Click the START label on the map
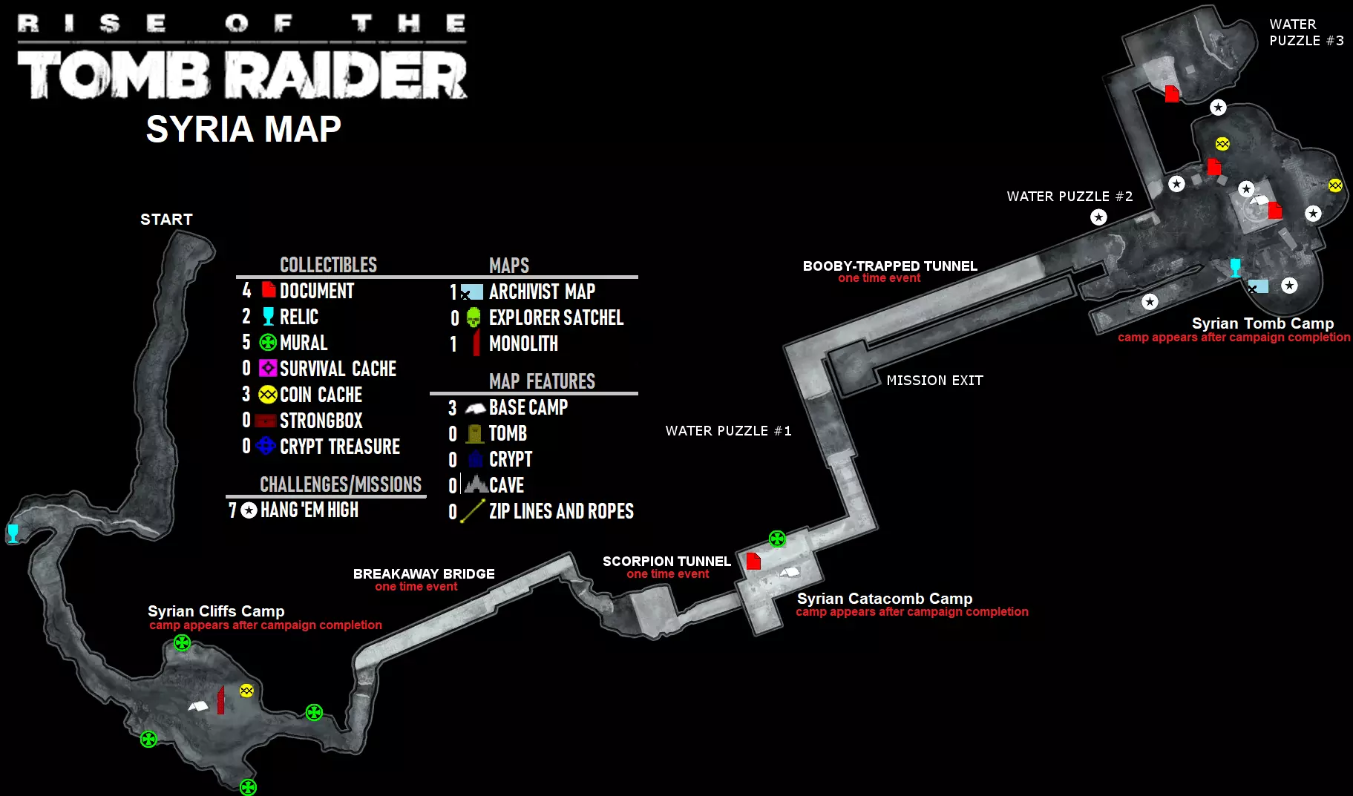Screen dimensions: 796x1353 coord(166,220)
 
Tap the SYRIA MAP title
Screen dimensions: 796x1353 coord(243,129)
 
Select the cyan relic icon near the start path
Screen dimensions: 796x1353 coord(13,533)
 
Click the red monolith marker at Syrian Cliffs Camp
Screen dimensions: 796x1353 coord(220,700)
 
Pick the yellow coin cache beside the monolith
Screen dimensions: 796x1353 coord(246,691)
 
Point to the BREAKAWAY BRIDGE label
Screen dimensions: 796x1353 coord(424,574)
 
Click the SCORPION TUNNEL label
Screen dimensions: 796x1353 coord(666,562)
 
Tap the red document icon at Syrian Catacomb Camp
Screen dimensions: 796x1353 coord(753,561)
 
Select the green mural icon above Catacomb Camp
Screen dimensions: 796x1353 coord(777,539)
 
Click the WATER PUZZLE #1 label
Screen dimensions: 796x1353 coord(728,431)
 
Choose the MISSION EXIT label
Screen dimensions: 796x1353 coord(934,381)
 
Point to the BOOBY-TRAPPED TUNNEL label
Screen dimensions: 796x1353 coord(890,266)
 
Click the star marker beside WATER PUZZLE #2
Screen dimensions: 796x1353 coord(1098,217)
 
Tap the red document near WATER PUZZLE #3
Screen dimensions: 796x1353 coord(1172,93)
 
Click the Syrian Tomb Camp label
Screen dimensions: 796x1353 coord(1262,323)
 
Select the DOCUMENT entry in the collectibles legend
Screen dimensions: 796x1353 coord(317,291)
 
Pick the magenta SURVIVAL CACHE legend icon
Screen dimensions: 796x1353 coord(268,368)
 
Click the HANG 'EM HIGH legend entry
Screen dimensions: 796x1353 coord(309,510)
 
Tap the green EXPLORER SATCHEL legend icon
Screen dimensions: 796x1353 coord(474,318)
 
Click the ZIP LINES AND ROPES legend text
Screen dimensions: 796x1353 coord(561,511)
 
